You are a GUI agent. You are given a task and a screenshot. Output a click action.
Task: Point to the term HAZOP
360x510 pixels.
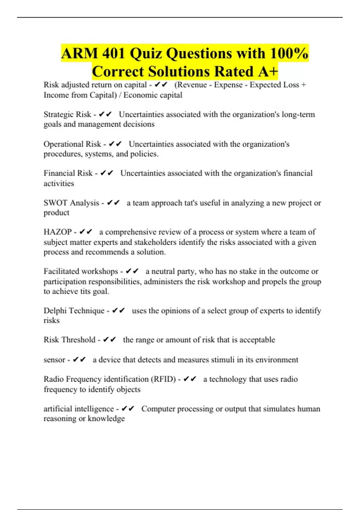pyautogui.click(x=58, y=232)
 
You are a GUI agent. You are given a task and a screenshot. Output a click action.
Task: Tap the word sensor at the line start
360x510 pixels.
pyautogui.click(x=54, y=360)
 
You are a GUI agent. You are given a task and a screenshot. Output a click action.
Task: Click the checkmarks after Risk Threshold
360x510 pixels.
pyautogui.click(x=109, y=340)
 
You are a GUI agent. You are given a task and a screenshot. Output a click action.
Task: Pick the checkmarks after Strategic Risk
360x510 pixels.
pyautogui.click(x=105, y=114)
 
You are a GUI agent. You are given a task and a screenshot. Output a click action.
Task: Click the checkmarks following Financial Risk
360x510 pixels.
pyautogui.click(x=106, y=173)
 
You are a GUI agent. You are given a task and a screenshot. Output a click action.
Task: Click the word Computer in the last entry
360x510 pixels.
pyautogui.click(x=158, y=409)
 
